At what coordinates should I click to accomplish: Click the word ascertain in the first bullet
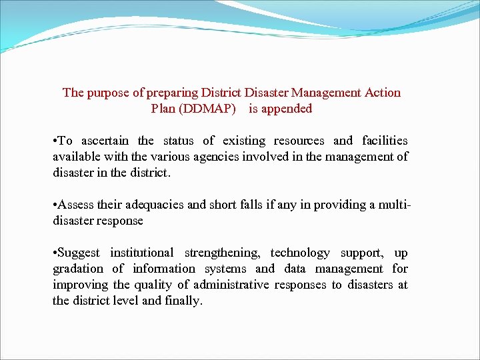(x=105, y=141)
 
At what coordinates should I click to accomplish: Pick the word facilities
(x=385, y=141)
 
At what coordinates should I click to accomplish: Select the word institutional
(x=141, y=253)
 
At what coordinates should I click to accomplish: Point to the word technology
(x=299, y=253)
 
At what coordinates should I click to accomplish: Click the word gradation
(x=78, y=269)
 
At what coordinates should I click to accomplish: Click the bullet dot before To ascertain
(x=55, y=141)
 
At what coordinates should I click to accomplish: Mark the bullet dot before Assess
(x=55, y=205)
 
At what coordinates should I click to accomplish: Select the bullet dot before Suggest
(x=55, y=253)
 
